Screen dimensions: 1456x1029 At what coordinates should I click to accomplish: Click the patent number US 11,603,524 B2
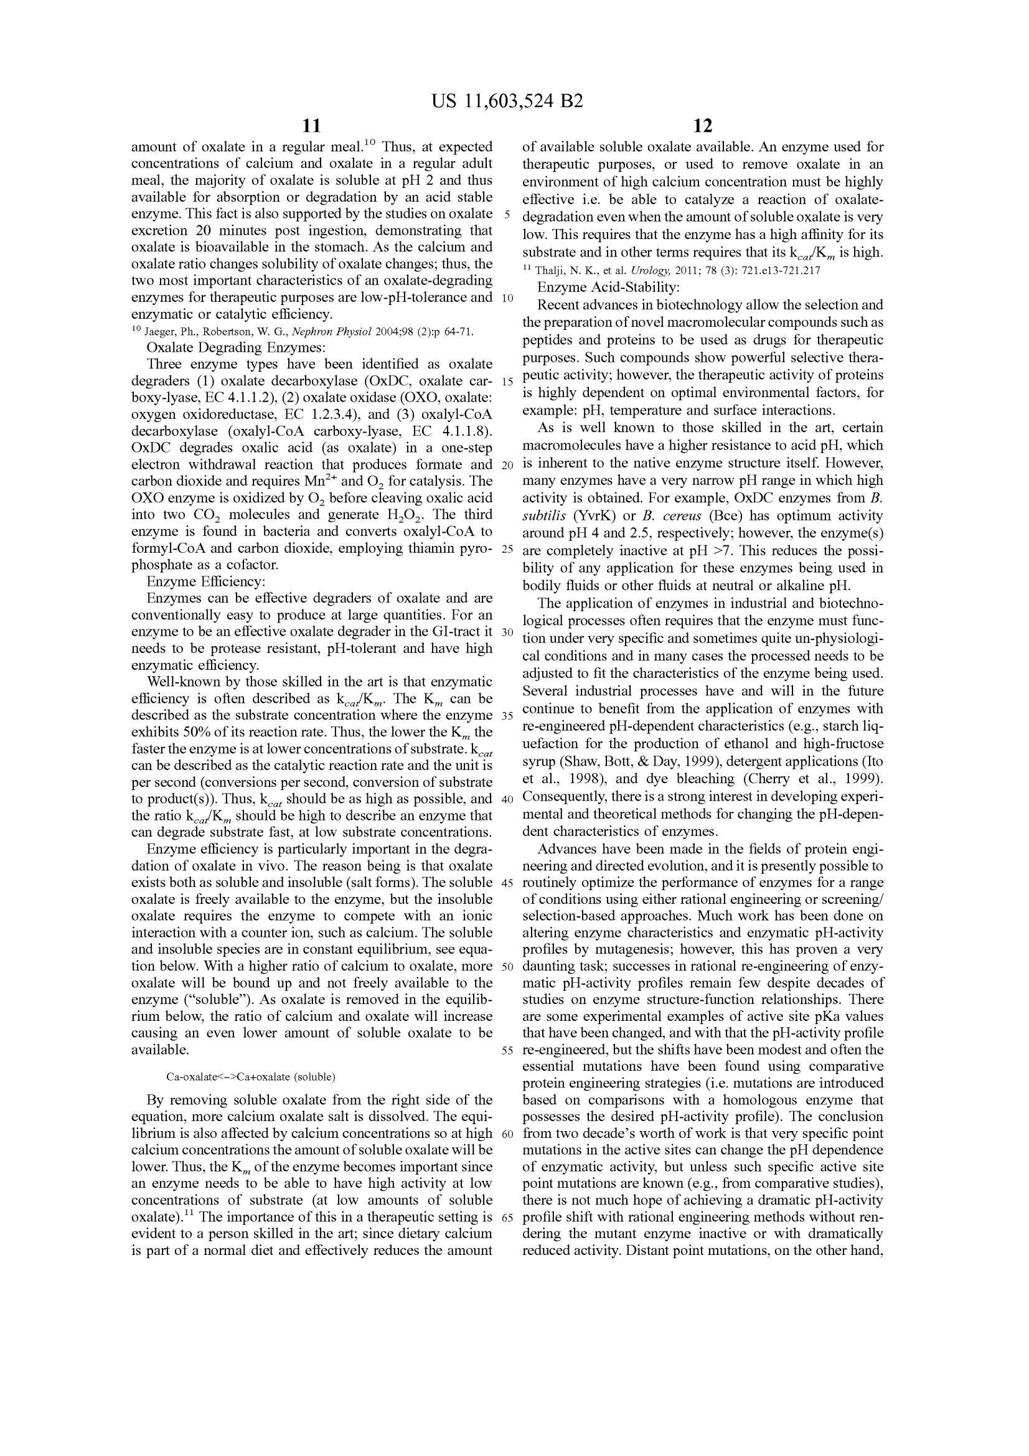point(507,101)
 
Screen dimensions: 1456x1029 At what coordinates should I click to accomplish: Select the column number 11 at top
point(312,126)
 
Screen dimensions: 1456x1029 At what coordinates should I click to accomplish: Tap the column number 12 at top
point(702,126)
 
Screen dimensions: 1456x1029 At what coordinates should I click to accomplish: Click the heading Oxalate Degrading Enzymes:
point(237,347)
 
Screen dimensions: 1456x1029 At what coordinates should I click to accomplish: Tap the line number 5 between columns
point(507,214)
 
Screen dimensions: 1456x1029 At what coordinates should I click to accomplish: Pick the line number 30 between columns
point(507,632)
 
